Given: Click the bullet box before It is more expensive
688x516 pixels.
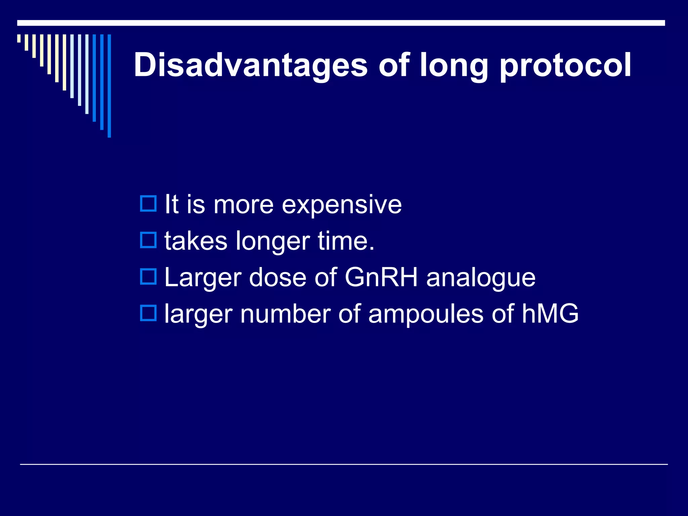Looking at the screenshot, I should pyautogui.click(x=148, y=204).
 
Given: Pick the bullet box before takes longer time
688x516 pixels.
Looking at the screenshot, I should pyautogui.click(x=148, y=240).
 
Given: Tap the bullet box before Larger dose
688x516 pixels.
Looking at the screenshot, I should pyautogui.click(x=148, y=276).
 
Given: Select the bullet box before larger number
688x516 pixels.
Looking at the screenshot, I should pyautogui.click(x=148, y=313).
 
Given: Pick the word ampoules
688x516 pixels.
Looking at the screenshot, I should pyautogui.click(x=426, y=314).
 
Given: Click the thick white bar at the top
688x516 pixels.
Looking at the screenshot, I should pyautogui.click(x=341, y=23).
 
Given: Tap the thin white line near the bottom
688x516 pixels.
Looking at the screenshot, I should pyautogui.click(x=344, y=464).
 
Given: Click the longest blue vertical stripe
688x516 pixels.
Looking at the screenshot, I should pyautogui.click(x=109, y=86).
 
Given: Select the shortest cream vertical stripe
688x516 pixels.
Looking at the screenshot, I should pyautogui.click(x=19, y=38).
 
